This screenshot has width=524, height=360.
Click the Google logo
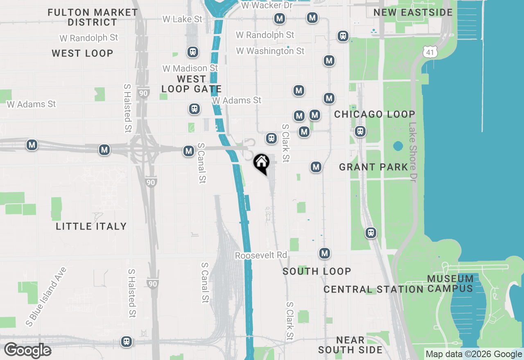tap(27, 351)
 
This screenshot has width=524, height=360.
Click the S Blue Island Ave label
tap(46, 296)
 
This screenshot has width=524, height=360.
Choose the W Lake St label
tap(182, 19)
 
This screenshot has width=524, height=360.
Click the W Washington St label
tap(270, 51)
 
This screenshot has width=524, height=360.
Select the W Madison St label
tap(190, 68)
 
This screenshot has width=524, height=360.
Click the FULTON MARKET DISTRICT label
tap(93, 17)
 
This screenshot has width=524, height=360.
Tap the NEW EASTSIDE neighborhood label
tap(413, 13)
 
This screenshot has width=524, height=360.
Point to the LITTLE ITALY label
tap(91, 226)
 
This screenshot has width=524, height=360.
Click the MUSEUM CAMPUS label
tap(450, 283)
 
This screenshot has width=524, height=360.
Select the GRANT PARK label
tap(373, 167)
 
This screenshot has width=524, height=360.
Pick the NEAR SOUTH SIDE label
tap(350, 345)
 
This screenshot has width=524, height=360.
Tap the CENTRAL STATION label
tap(373, 290)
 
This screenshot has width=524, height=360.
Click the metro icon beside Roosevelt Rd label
tap(325, 253)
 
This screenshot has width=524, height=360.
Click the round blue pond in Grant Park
tap(398, 146)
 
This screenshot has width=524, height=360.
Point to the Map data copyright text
tap(474, 354)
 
